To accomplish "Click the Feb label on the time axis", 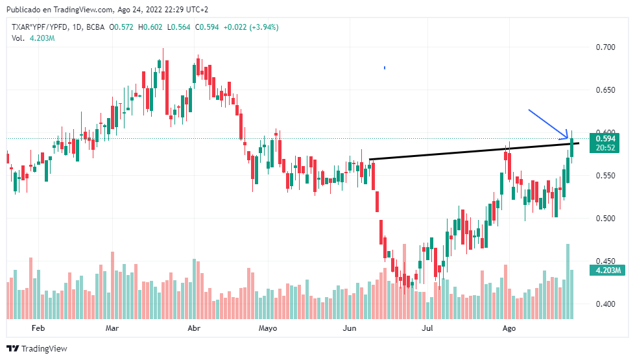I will [x=38, y=329].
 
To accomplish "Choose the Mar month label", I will [x=112, y=329].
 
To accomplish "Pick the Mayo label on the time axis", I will [x=267, y=329].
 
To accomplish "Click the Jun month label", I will [x=350, y=329].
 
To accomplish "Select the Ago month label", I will [x=509, y=329].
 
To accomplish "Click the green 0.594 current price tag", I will [x=606, y=138].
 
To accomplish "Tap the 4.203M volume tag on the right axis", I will [x=606, y=270].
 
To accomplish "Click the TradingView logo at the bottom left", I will [x=37, y=348].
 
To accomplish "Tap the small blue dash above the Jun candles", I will [x=385, y=67].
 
